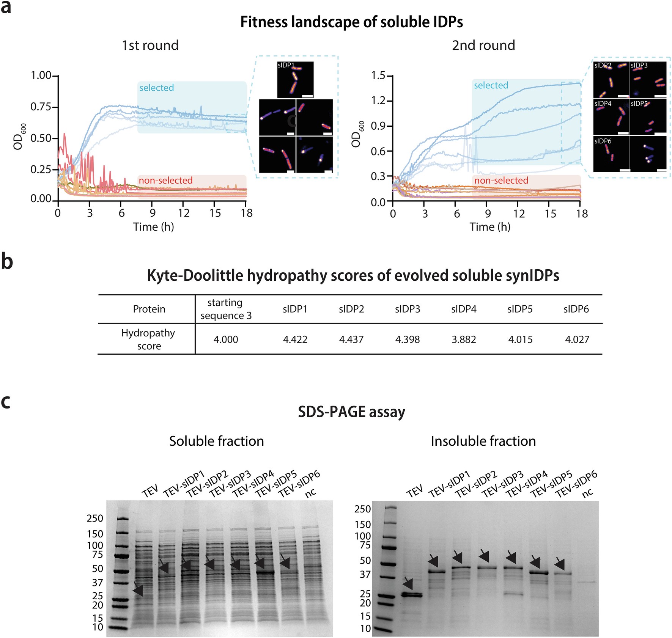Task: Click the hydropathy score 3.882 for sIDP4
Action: coord(464,339)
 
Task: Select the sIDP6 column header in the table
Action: coord(576,309)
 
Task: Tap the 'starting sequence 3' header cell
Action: coord(226,309)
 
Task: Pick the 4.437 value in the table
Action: coord(351,339)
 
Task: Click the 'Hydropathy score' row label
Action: coord(148,339)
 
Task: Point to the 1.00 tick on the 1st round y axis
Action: coord(41,75)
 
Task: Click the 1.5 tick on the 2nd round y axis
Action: coord(378,75)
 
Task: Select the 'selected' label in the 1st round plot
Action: coord(156,88)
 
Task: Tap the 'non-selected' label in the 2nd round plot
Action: coord(501,181)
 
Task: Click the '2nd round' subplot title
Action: coord(483,46)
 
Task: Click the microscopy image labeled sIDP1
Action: coord(296,80)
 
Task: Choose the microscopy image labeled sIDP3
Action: coord(648,79)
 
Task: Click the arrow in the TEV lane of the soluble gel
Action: coord(138,589)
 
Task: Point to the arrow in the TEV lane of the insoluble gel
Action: coord(408,583)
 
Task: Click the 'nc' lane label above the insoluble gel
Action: coord(587,493)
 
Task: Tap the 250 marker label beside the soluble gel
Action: coord(95,519)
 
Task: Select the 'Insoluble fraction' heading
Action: coord(483,441)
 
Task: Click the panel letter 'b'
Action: coord(7,262)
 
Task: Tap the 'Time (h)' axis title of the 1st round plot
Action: coord(153,227)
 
